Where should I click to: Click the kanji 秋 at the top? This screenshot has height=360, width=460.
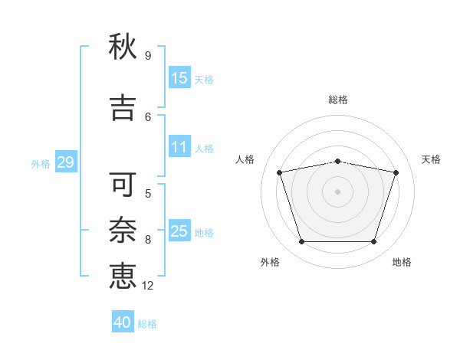pyautogui.click(x=123, y=47)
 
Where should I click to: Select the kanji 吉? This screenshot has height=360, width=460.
pyautogui.click(x=123, y=108)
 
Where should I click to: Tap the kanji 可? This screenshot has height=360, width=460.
pyautogui.click(x=123, y=184)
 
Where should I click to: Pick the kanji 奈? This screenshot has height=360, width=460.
pyautogui.click(x=123, y=230)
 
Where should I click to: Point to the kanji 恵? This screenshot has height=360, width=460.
pyautogui.click(x=123, y=276)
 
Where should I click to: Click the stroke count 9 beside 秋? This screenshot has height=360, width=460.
pyautogui.click(x=148, y=56)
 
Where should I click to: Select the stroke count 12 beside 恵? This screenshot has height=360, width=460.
pyautogui.click(x=147, y=286)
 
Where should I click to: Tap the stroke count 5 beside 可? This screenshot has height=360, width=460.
pyautogui.click(x=148, y=194)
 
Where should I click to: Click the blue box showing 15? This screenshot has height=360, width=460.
pyautogui.click(x=179, y=77)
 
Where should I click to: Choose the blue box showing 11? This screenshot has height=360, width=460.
pyautogui.click(x=179, y=146)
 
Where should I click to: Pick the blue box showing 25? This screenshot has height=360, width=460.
pyautogui.click(x=179, y=230)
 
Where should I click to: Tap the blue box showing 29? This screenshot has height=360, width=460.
pyautogui.click(x=66, y=162)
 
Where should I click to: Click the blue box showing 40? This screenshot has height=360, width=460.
pyautogui.click(x=123, y=321)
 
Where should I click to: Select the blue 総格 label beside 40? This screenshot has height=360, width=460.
pyautogui.click(x=147, y=324)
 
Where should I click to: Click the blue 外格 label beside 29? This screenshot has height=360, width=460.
pyautogui.click(x=41, y=164)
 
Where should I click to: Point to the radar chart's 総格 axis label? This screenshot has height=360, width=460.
pyautogui.click(x=338, y=100)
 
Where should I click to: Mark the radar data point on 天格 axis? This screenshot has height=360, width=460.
pyautogui.click(x=396, y=172)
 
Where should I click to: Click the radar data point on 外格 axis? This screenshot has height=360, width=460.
pyautogui.click(x=302, y=241)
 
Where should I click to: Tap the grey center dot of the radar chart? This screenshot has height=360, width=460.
pyautogui.click(x=337, y=191)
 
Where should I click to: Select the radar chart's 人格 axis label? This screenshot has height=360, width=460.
pyautogui.click(x=245, y=159)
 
